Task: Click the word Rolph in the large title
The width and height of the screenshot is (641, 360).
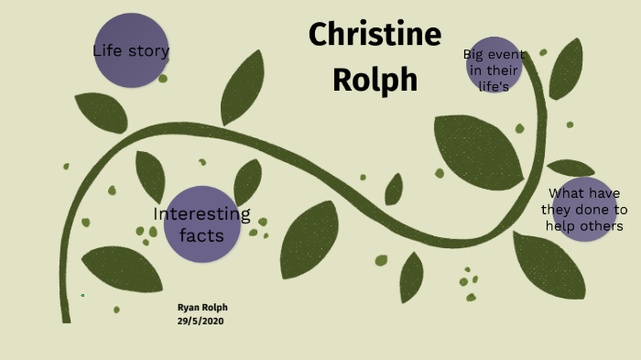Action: click(375, 80)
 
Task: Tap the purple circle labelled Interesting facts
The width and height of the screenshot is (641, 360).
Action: click(201, 224)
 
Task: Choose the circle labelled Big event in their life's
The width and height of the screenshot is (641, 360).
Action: click(494, 65)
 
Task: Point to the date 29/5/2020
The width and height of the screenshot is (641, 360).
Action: click(201, 322)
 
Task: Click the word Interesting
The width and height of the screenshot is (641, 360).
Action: click(201, 214)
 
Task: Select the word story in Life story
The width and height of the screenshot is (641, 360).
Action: click(148, 51)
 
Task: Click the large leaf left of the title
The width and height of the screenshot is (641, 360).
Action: click(243, 88)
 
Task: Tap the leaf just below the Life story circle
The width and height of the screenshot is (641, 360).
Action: click(101, 112)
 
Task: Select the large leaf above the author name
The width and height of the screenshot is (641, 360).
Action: click(122, 268)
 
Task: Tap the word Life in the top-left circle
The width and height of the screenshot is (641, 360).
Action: click(108, 50)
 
